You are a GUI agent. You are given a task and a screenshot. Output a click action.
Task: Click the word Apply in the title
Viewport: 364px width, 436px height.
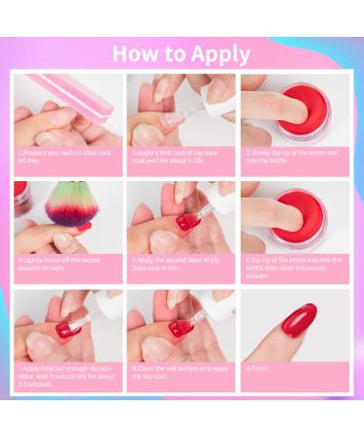[x=217, y=54]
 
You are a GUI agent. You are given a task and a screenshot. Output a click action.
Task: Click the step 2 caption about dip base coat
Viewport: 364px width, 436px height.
[x=182, y=155]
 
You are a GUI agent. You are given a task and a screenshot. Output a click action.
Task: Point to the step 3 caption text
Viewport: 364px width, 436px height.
[x=295, y=155]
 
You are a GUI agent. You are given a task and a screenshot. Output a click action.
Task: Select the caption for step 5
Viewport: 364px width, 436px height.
[x=182, y=263]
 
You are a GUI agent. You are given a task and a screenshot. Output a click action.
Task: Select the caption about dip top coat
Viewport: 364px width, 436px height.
[x=182, y=370]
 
